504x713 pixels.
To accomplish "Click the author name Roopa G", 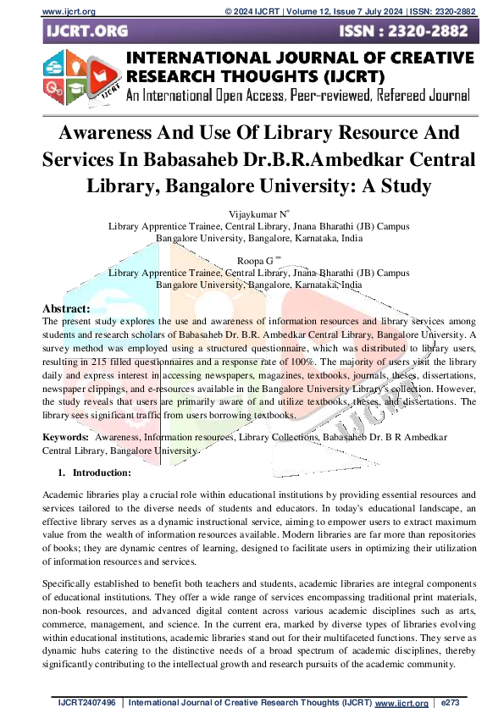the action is point(258,262).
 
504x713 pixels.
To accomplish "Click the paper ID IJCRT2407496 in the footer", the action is point(88,703).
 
